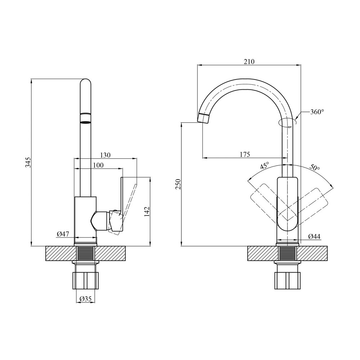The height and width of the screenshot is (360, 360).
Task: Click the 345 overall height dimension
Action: tap(28, 162)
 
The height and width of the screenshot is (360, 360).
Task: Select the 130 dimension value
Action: tap(105, 156)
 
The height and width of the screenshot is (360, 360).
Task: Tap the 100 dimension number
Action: tap(98, 165)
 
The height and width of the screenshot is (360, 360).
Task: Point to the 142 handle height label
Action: tap(147, 211)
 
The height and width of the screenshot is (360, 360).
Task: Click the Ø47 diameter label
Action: tap(63, 234)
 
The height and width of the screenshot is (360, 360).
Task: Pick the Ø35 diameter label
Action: tap(85, 299)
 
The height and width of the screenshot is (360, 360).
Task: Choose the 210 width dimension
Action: tap(249, 62)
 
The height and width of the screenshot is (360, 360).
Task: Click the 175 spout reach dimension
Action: tap(245, 154)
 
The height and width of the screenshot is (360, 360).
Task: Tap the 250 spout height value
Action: tap(179, 184)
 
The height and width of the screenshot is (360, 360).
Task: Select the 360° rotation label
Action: tap(317, 112)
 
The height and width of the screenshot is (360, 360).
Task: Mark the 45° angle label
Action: tap(265, 166)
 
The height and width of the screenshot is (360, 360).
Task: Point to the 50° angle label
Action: tap(315, 167)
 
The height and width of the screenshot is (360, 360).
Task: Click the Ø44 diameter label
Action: tap(314, 237)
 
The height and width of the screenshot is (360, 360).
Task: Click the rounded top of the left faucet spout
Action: tap(86, 83)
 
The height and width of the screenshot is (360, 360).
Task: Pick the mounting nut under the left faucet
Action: tap(85, 280)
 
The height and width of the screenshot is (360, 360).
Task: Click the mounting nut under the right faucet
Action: tap(287, 280)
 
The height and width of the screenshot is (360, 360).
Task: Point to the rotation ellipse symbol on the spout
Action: tap(287, 123)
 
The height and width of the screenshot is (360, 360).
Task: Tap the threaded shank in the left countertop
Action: tap(85, 253)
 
